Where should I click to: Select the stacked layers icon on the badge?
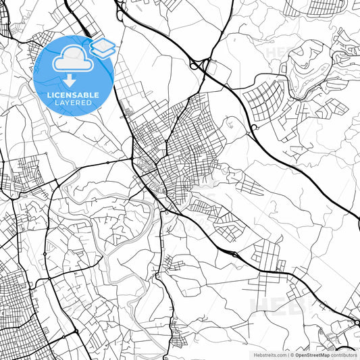point(103,47)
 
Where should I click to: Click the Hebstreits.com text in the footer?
point(269,354)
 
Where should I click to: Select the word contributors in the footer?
point(344,354)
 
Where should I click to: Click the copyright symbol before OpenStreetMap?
point(291,354)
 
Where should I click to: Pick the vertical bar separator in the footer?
point(286,354)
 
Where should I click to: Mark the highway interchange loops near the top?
point(199,66)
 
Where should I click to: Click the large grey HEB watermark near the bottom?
point(284,305)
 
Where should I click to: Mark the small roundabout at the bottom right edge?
point(352,317)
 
